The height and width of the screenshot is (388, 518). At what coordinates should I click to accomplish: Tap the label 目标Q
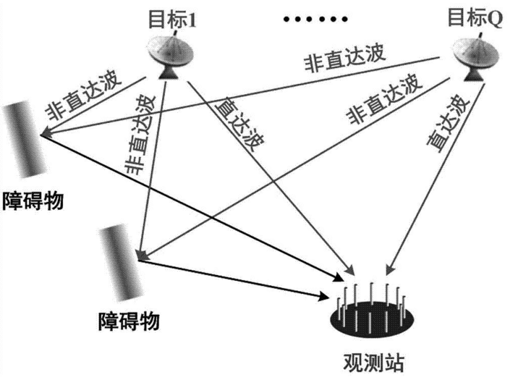coord(475,18)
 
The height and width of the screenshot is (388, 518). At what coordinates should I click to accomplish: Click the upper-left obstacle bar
coord(23,138)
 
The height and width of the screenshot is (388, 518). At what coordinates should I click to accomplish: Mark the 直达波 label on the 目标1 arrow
coord(238,126)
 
